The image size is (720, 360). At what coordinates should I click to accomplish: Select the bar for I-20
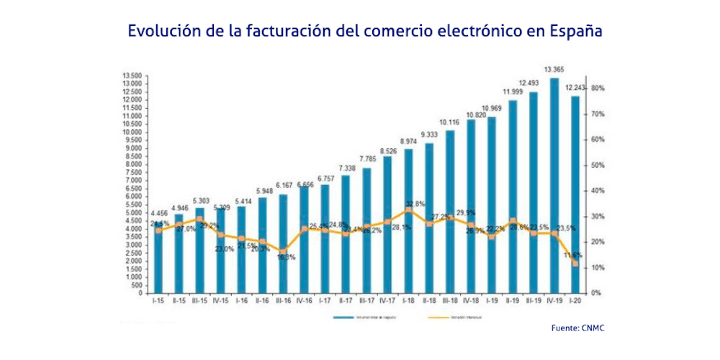tap(575, 194)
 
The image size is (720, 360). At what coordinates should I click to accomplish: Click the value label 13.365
tap(554, 70)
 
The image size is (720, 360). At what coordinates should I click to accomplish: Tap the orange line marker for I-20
tap(575, 264)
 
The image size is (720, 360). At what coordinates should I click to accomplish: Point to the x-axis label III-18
tap(450, 302)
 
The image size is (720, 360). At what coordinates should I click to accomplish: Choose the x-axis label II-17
tap(346, 302)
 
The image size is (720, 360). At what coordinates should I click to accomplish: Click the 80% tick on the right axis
tap(597, 89)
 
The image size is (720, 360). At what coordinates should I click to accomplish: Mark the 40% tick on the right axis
tap(597, 191)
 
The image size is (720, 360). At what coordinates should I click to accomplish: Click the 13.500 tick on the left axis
tap(132, 76)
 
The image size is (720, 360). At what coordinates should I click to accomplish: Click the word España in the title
tap(575, 32)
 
